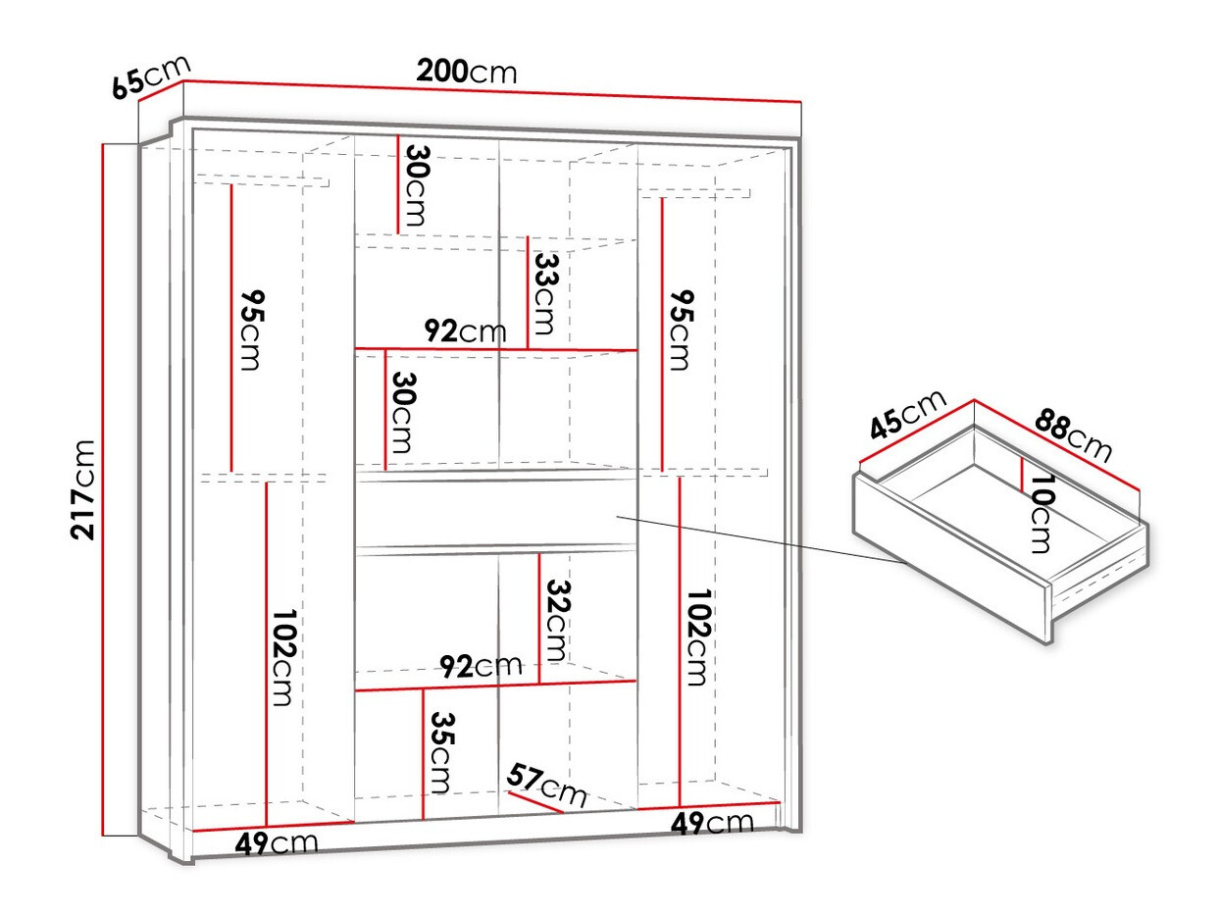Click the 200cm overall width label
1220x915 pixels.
point(466,72)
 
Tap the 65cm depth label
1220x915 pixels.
point(151,76)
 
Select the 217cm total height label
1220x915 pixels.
point(82,489)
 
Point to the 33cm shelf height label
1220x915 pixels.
point(544,294)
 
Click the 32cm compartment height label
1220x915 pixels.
point(557,621)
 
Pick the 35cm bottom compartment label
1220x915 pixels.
point(442,753)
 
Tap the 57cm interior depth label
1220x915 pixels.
point(546,786)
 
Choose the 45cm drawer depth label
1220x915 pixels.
point(907,414)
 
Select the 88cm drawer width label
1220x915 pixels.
point(1073,435)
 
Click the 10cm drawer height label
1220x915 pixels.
point(1042,513)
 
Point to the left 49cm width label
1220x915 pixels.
point(277,843)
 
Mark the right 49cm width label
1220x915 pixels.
point(712,823)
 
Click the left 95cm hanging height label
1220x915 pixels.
point(251,330)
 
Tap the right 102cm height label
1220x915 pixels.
point(698,637)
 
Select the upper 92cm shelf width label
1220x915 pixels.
point(466,331)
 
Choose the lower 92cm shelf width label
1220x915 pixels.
point(481,666)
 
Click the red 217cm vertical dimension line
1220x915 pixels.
point(103,489)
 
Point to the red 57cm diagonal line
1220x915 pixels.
point(535,801)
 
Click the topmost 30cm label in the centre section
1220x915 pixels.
point(417,185)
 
